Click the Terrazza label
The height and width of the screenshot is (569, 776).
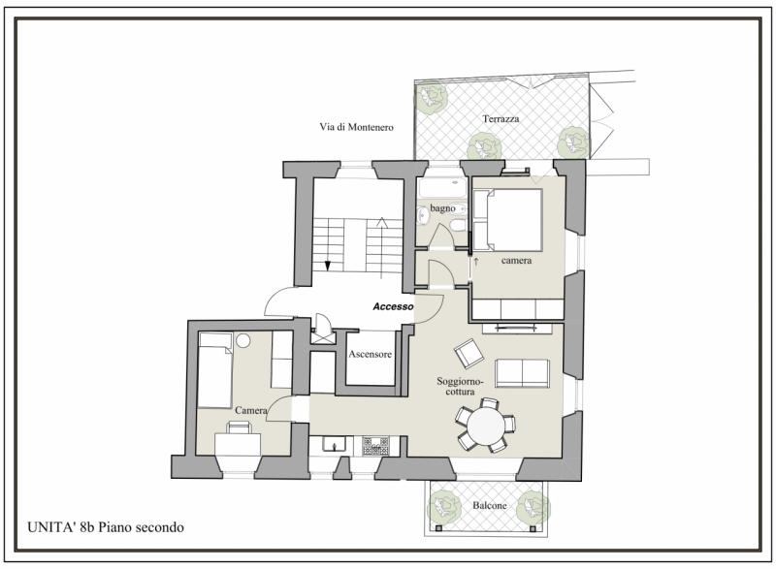coord(501,118)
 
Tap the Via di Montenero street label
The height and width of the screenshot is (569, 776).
coord(356,127)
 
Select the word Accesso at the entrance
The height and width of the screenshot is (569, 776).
coord(393,306)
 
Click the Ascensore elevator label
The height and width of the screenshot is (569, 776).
coord(371,354)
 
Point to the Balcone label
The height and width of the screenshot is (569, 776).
coord(490,505)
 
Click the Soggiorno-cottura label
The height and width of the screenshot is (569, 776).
coord(460,386)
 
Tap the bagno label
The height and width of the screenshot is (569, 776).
coord(442,208)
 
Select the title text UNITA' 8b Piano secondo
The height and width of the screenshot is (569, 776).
coord(106,527)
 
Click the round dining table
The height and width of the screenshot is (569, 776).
coord(486,426)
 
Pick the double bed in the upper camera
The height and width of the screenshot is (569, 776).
coord(507,220)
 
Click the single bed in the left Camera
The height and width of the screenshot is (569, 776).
coord(215,369)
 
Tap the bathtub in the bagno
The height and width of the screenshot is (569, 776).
coord(442,188)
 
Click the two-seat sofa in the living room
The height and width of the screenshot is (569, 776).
coord(522,373)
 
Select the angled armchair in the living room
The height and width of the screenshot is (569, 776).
coord(469,354)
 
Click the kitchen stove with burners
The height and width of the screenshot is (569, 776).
coord(375,446)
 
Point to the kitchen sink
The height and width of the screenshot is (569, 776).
coord(335,444)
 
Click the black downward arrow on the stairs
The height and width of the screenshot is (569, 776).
coord(327,266)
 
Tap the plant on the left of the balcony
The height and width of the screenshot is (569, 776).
coord(444,507)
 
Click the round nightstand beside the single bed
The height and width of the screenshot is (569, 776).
coord(243,340)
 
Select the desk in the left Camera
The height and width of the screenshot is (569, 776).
coord(238,444)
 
